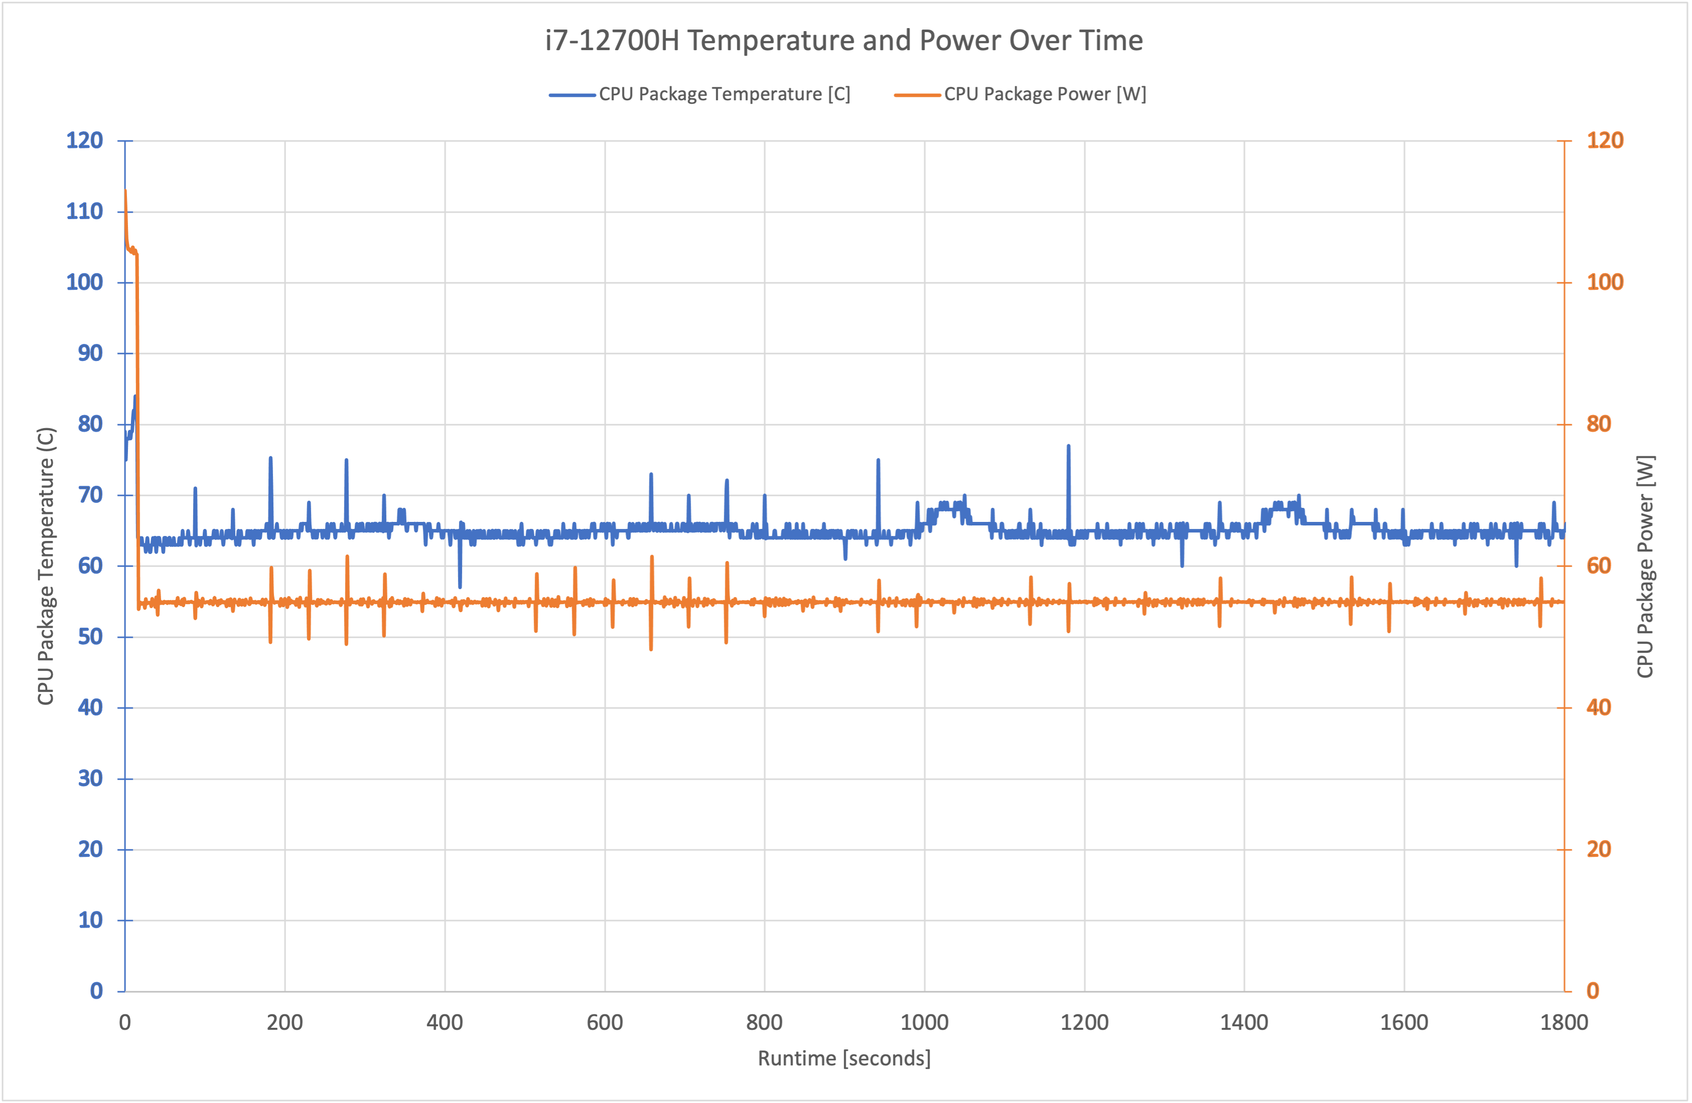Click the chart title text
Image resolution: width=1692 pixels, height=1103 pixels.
pyautogui.click(x=844, y=41)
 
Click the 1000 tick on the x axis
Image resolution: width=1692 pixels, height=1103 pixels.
pyautogui.click(x=924, y=1023)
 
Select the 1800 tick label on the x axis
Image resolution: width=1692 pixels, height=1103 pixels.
pyautogui.click(x=1563, y=1023)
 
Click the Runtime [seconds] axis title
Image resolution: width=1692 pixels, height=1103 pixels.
pyautogui.click(x=844, y=1058)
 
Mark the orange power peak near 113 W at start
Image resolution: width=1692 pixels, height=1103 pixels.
pyautogui.click(x=126, y=191)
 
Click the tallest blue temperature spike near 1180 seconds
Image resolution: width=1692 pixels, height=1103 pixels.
pyautogui.click(x=1068, y=446)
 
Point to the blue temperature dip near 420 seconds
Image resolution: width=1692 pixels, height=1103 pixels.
pyautogui.click(x=460, y=586)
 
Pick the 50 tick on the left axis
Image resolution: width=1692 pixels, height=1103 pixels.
pyautogui.click(x=90, y=637)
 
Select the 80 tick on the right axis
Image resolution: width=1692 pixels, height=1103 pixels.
pyautogui.click(x=1599, y=424)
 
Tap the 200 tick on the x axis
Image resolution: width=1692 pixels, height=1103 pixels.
pyautogui.click(x=284, y=1023)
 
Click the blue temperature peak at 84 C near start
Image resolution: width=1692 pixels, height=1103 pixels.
pyautogui.click(x=135, y=397)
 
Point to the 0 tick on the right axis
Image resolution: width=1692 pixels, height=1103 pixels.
pyautogui.click(x=1593, y=991)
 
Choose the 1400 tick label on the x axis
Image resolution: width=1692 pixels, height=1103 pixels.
pyautogui.click(x=1244, y=1023)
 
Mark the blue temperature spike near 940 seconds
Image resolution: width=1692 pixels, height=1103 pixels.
pyautogui.click(x=879, y=461)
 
